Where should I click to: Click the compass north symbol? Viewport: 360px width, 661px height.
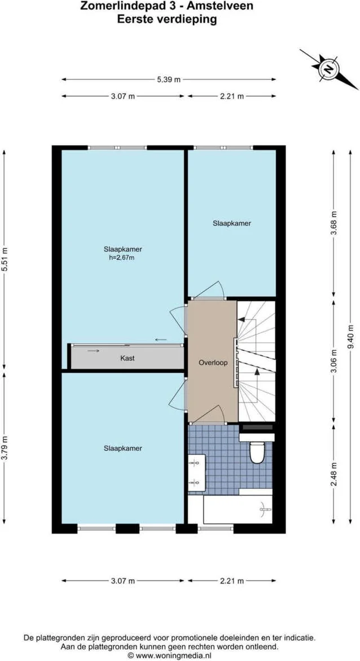pos(327,69)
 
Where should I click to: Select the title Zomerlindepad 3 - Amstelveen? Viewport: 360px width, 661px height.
pos(166,7)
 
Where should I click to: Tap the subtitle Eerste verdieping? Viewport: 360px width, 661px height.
pos(166,19)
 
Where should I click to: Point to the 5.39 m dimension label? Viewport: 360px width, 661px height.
pos(169,80)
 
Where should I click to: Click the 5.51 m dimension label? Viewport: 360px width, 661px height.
pos(5,259)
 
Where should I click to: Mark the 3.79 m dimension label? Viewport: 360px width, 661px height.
pos(5,448)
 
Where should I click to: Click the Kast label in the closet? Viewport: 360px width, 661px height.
pos(128,358)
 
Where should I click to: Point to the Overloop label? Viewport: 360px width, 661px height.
pos(213,363)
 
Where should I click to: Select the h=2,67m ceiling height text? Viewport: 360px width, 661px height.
pos(122,258)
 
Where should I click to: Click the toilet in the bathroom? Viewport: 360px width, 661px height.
pos(257,452)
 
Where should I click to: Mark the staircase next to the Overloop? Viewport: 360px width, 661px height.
pos(256,361)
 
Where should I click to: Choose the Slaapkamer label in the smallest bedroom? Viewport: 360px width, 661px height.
pos(231,223)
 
